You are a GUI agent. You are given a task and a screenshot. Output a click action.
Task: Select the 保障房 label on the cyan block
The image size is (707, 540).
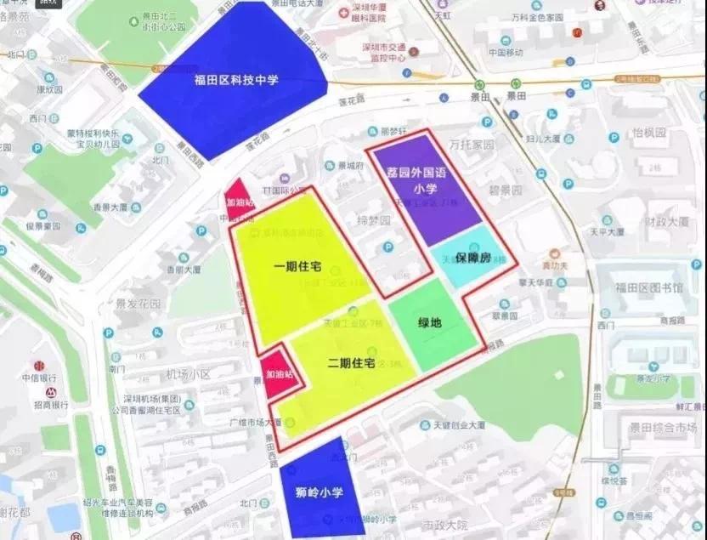[x=473, y=256]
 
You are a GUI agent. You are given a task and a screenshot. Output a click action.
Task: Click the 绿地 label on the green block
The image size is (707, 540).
[x=430, y=323]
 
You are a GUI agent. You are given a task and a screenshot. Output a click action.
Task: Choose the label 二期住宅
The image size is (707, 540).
[x=351, y=363]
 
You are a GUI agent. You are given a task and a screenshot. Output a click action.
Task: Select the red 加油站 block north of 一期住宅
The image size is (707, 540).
[x=237, y=202]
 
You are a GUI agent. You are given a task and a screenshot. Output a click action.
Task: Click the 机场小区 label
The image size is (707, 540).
[x=188, y=374]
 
